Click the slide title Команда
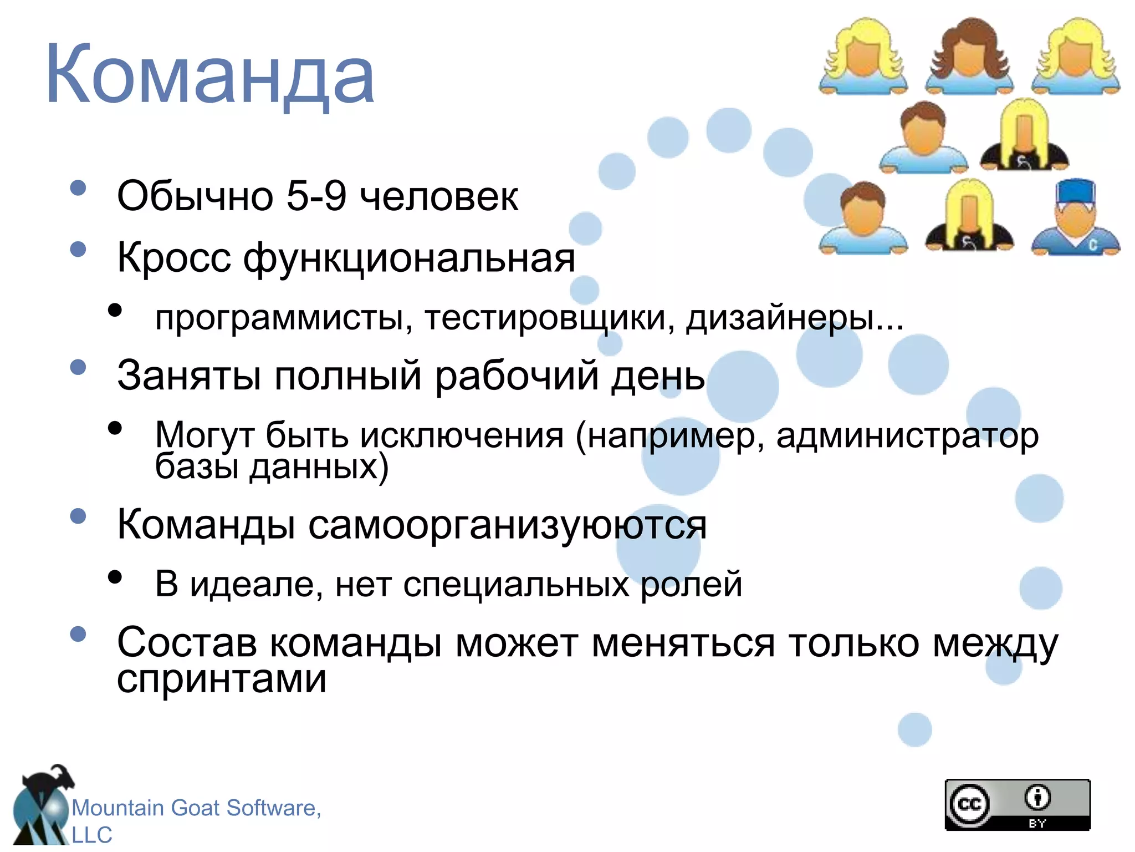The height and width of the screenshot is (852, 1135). (x=211, y=75)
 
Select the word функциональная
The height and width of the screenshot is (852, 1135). (x=409, y=258)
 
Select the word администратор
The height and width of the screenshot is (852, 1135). (x=907, y=436)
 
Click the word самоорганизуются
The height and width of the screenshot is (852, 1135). (x=507, y=525)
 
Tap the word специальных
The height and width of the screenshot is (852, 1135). (x=516, y=584)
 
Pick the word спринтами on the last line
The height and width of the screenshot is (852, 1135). (x=222, y=679)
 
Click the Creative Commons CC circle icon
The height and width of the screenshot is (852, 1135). (x=969, y=804)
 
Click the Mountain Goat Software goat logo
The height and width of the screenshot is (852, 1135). (x=42, y=804)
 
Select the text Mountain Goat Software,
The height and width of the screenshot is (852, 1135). (x=196, y=808)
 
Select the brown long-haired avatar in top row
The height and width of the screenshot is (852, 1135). (x=969, y=55)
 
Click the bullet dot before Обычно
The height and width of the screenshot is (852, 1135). (x=79, y=188)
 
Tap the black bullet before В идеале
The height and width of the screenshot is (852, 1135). (x=115, y=577)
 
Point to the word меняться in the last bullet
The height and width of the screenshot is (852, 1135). (x=683, y=644)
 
